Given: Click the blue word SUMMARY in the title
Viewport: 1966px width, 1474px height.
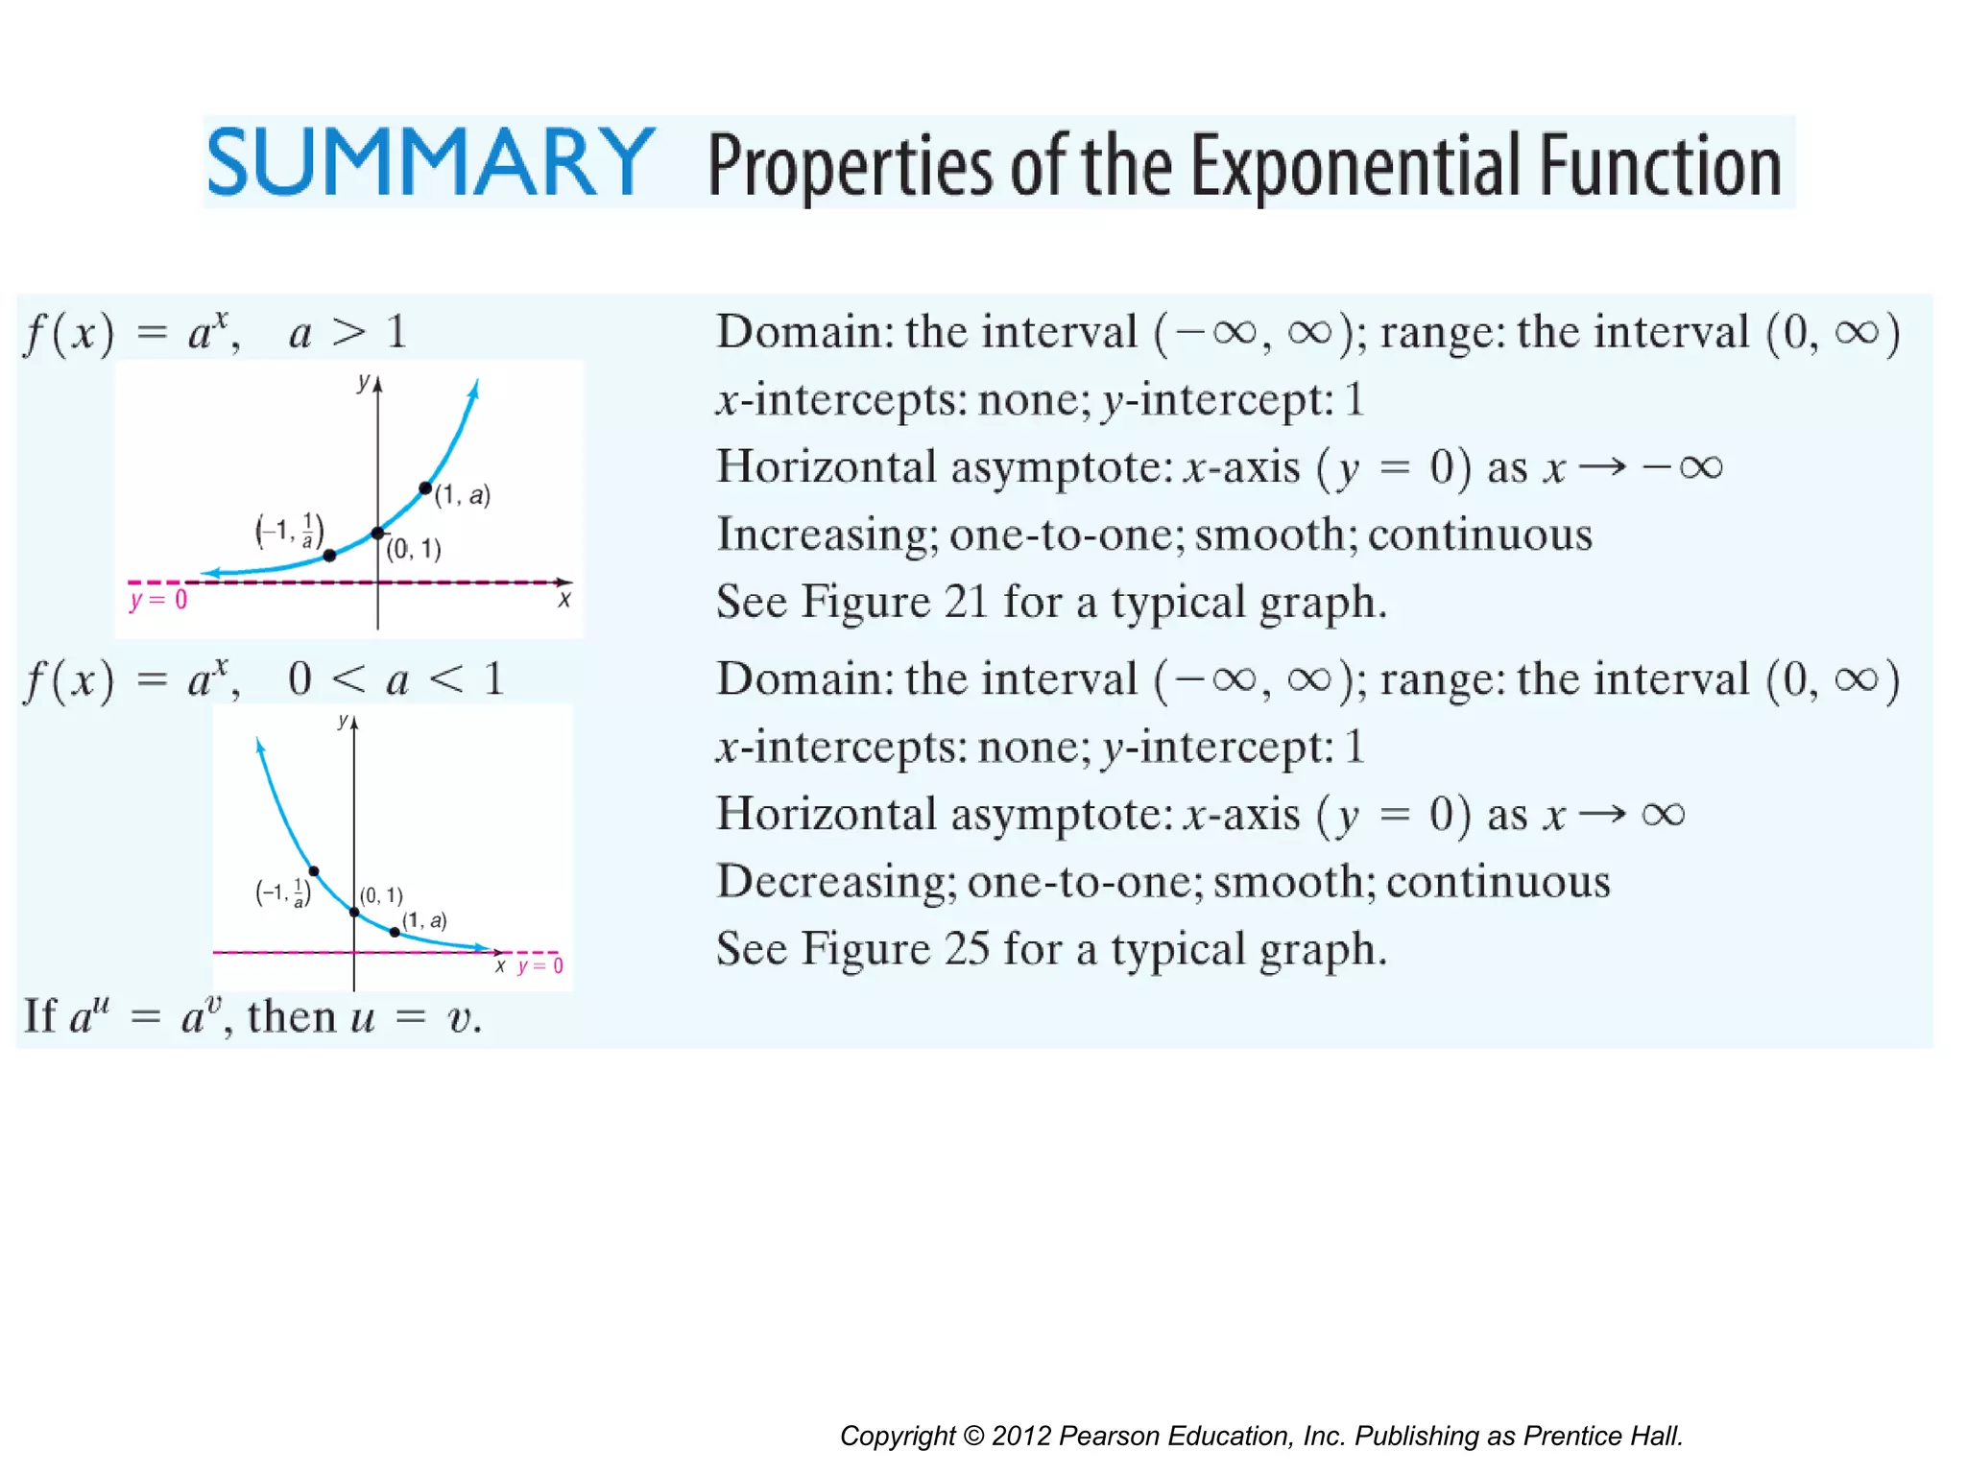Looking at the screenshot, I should [x=430, y=162].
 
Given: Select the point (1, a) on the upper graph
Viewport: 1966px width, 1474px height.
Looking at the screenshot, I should [x=425, y=488].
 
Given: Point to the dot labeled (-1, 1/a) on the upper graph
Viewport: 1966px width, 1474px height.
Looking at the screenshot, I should [x=329, y=556].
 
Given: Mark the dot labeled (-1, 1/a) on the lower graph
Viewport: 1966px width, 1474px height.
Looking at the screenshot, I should [x=314, y=871].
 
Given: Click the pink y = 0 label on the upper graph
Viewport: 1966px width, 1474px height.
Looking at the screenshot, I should [x=158, y=601].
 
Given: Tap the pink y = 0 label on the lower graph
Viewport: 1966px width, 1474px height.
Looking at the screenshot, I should [x=540, y=966].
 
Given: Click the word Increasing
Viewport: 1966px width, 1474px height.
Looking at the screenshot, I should [x=827, y=535].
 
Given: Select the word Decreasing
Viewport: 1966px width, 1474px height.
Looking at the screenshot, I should [x=835, y=882].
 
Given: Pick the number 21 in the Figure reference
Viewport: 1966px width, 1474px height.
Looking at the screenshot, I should [x=966, y=603].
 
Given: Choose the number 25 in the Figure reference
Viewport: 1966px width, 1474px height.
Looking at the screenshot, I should [x=966, y=949].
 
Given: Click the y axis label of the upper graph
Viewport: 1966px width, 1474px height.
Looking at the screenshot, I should [x=363, y=382].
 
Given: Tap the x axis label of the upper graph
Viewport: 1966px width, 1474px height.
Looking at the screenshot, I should [x=564, y=601].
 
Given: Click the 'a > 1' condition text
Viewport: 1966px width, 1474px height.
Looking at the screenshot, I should [x=348, y=333].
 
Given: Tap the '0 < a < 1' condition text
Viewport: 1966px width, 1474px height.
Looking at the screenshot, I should [x=396, y=679].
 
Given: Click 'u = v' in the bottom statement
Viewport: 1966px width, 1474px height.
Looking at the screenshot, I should [x=415, y=1017].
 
